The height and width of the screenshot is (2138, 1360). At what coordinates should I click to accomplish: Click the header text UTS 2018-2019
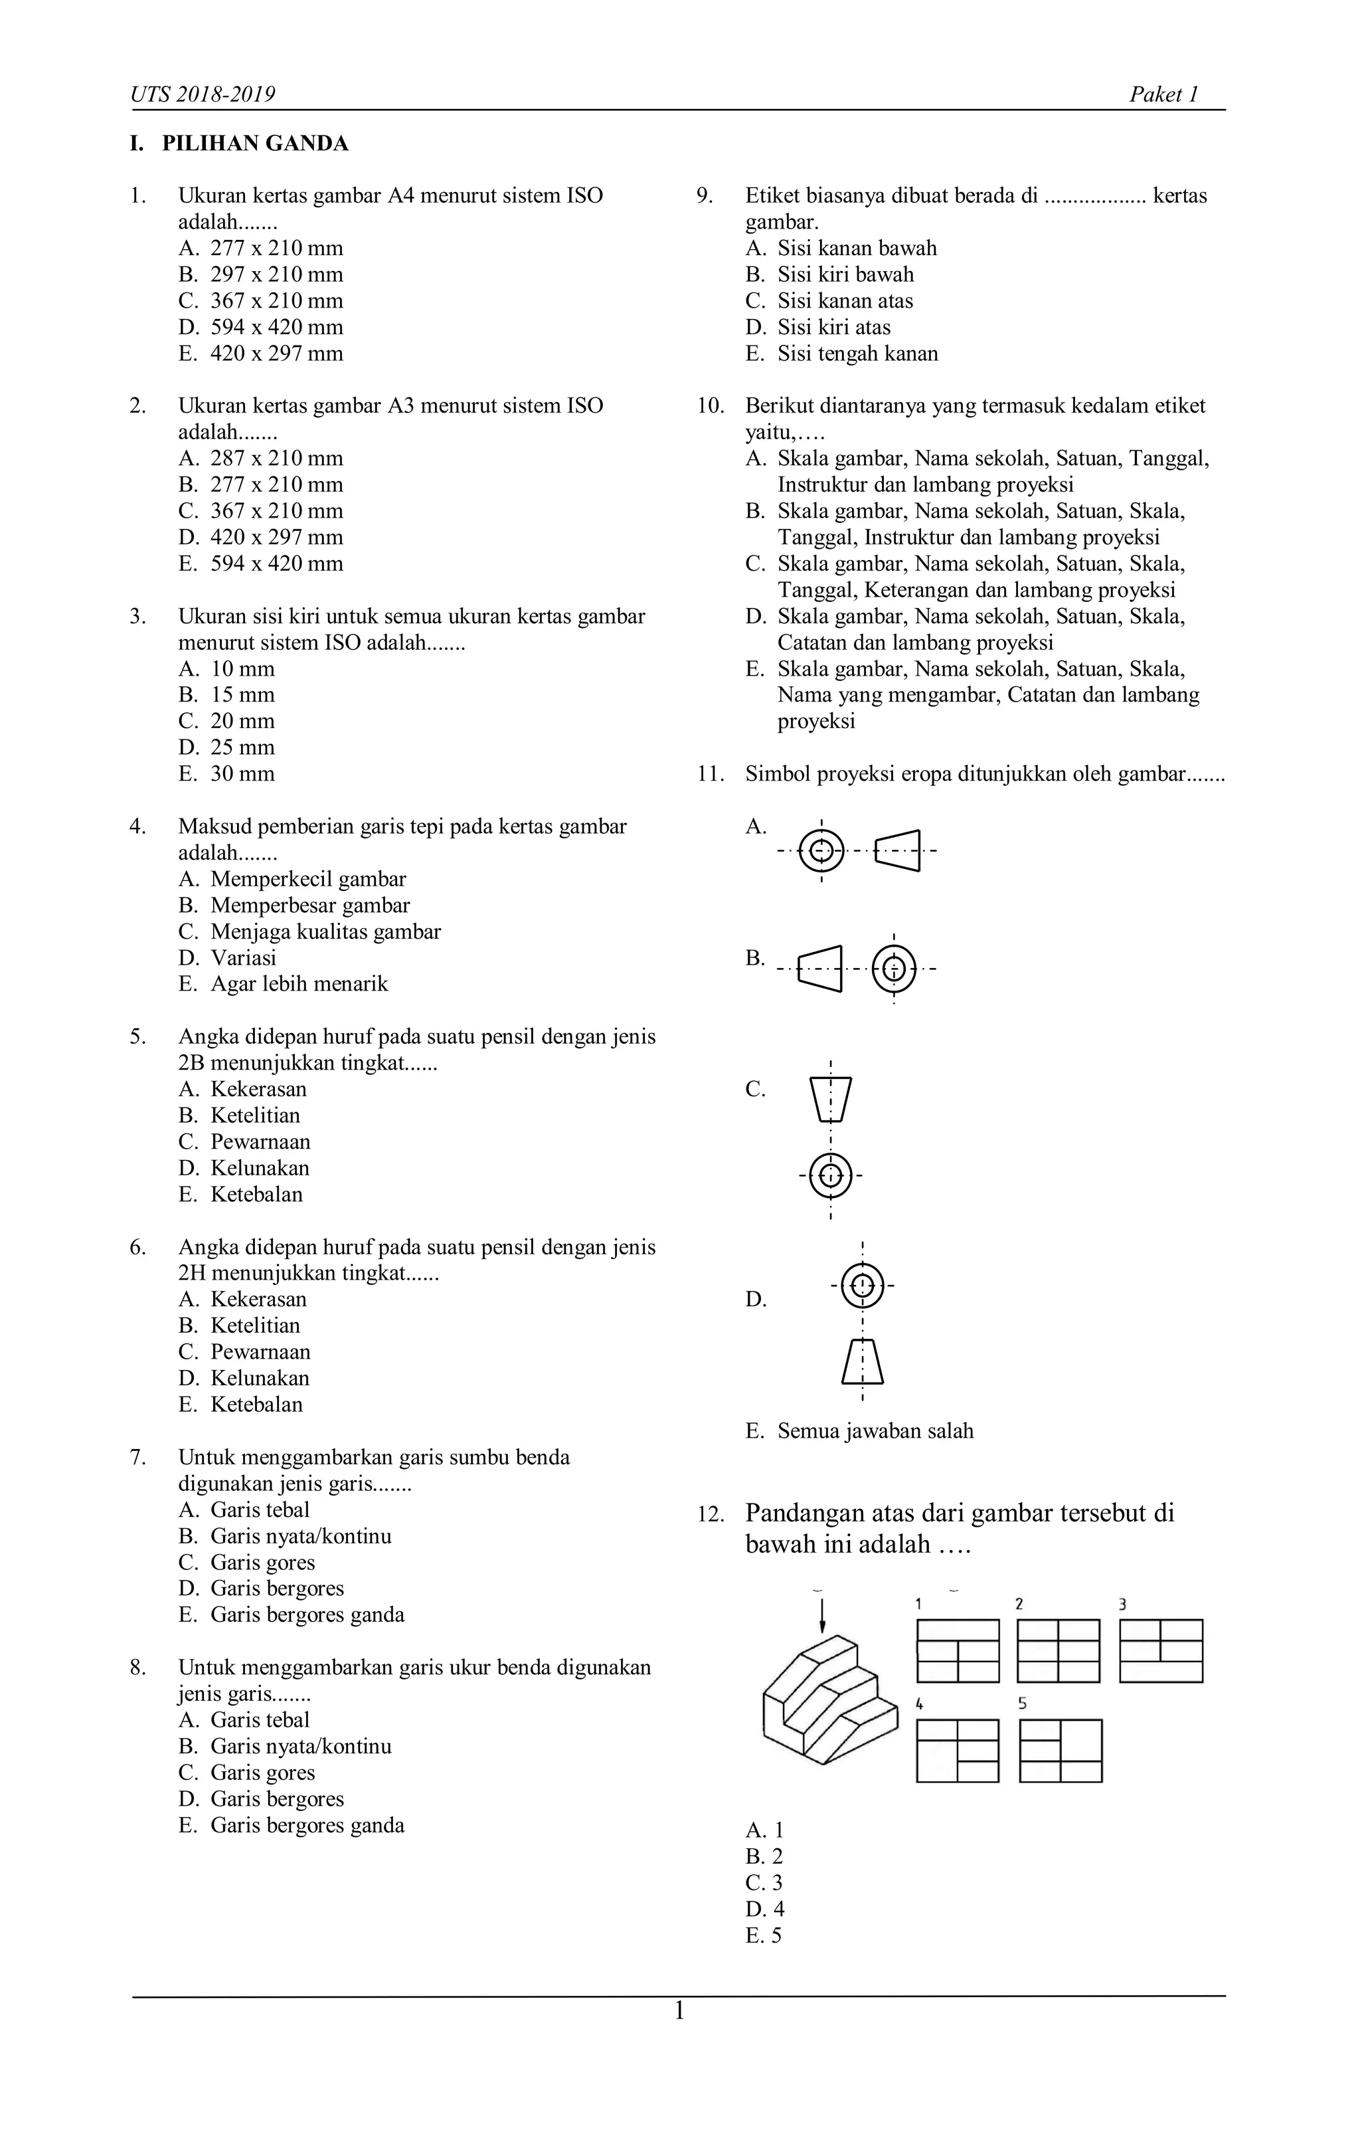point(203,95)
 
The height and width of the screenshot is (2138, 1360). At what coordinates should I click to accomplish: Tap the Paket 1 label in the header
point(1163,95)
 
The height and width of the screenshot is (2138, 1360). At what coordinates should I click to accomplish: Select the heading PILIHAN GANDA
point(255,144)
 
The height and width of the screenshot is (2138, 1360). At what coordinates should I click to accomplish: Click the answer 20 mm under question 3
point(242,721)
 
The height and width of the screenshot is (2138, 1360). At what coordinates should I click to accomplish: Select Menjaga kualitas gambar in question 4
point(325,931)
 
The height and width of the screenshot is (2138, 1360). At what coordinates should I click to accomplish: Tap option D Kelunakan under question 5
point(259,1169)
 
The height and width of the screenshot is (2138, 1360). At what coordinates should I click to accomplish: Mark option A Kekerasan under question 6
point(258,1300)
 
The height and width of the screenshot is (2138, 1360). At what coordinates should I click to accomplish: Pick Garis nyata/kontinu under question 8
point(300,1747)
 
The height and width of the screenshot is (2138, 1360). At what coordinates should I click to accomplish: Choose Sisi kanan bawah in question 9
point(857,248)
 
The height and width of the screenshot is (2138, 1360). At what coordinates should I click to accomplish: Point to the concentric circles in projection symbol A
point(822,850)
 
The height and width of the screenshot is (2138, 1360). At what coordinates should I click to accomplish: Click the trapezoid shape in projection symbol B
point(820,967)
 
